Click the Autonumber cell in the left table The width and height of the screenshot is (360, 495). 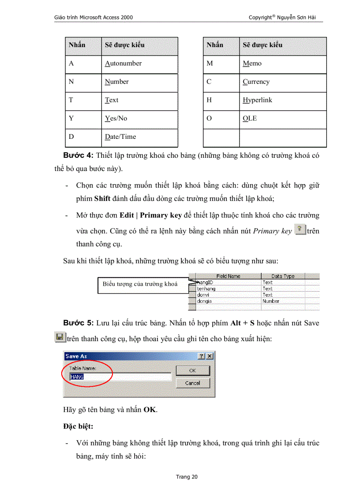[x=124, y=63]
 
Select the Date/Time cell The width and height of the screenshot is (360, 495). [x=120, y=137]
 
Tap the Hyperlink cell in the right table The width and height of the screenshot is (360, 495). [x=257, y=100]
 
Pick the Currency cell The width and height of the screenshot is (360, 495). [x=256, y=82]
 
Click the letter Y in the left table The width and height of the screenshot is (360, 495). [x=71, y=118]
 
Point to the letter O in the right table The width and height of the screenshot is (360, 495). [x=209, y=118]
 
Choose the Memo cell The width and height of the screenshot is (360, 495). [x=252, y=63]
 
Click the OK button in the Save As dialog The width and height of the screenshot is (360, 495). [x=192, y=370]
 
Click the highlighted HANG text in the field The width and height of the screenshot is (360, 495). [x=77, y=377]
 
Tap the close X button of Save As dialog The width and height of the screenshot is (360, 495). [x=209, y=356]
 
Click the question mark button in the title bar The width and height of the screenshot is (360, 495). [x=201, y=356]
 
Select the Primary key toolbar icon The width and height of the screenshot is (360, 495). [x=300, y=230]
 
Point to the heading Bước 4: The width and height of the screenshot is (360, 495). [x=78, y=155]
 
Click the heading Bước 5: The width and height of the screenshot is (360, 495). [x=78, y=323]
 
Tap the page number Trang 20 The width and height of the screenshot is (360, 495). [x=187, y=476]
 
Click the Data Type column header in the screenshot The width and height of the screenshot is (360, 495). [x=283, y=276]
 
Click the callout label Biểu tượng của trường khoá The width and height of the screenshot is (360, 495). [x=140, y=284]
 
